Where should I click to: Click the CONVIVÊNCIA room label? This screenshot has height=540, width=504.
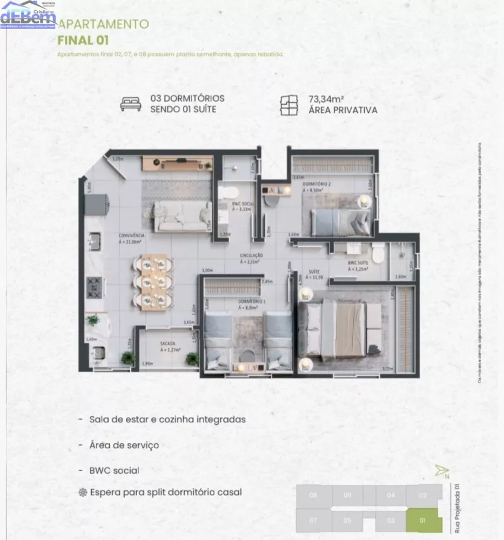pyautogui.click(x=132, y=236)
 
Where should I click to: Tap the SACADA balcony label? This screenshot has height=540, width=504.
pyautogui.click(x=167, y=343)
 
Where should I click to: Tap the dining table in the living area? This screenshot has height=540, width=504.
pyautogui.click(x=153, y=282)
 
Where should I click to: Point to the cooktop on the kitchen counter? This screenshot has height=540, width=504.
pyautogui.click(x=94, y=287)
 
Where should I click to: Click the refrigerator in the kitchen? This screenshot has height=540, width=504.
pyautogui.click(x=97, y=204)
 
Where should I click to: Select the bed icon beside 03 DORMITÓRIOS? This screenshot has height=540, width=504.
pyautogui.click(x=131, y=104)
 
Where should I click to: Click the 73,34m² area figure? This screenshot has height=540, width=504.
pyautogui.click(x=327, y=99)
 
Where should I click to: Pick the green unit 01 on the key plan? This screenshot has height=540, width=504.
pyautogui.click(x=423, y=521)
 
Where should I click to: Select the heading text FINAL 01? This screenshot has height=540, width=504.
pyautogui.click(x=83, y=39)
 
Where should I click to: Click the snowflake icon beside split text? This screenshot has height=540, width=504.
pyautogui.click(x=83, y=492)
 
